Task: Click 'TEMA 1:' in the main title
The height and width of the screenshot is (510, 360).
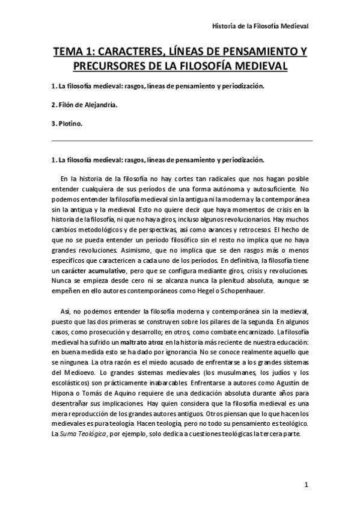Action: coord(75,52)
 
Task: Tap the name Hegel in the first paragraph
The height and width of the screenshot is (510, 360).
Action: coord(234,290)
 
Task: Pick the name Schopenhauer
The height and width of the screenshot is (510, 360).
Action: coord(269,290)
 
